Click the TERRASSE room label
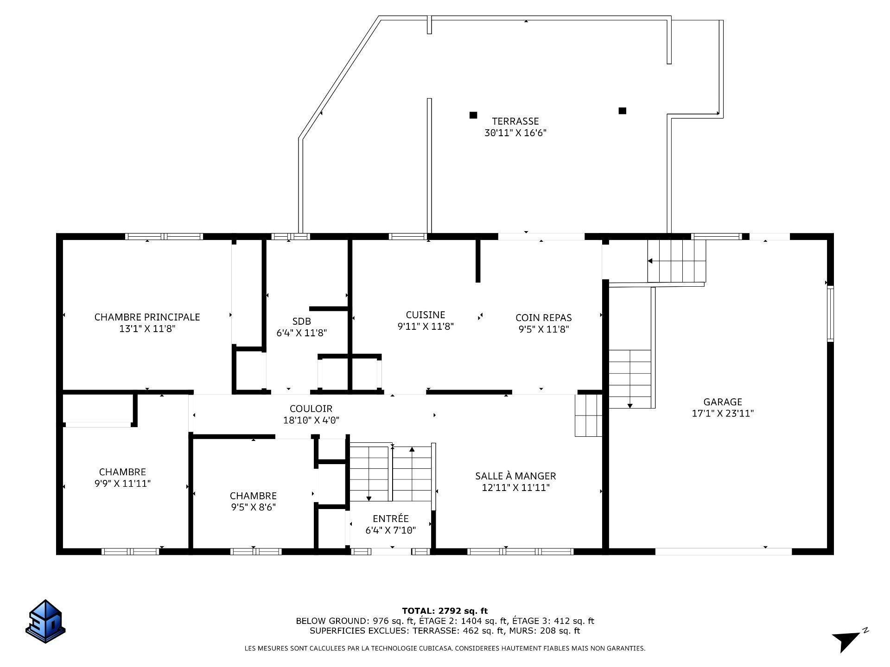click(x=515, y=121)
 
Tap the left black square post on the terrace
click(x=473, y=115)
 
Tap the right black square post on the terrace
click(x=623, y=111)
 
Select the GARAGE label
click(x=722, y=402)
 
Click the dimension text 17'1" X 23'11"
click(x=722, y=414)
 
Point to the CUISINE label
click(x=425, y=315)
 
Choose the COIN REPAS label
click(x=543, y=318)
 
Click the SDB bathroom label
click(x=301, y=321)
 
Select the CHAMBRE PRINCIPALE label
click(x=147, y=317)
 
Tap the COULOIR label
click(x=311, y=409)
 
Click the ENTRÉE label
click(x=390, y=519)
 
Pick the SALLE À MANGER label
click(x=515, y=476)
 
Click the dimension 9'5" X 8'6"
click(x=253, y=507)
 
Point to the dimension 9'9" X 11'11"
click(x=122, y=484)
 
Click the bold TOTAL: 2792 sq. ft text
click(x=445, y=611)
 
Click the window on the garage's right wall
click(x=830, y=314)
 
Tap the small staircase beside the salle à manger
click(x=588, y=415)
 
